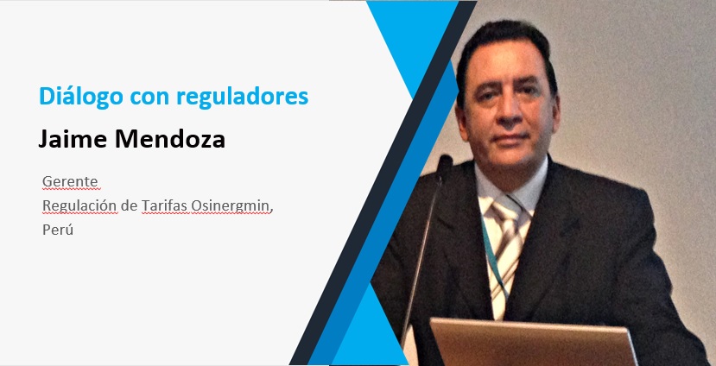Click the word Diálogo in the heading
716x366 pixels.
(81, 98)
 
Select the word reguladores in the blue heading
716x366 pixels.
(242, 97)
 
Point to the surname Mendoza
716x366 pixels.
(170, 139)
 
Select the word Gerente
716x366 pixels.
(70, 182)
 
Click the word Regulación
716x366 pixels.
(79, 206)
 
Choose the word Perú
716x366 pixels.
(58, 230)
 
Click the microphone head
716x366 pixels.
(444, 165)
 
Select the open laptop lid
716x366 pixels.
(532, 343)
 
